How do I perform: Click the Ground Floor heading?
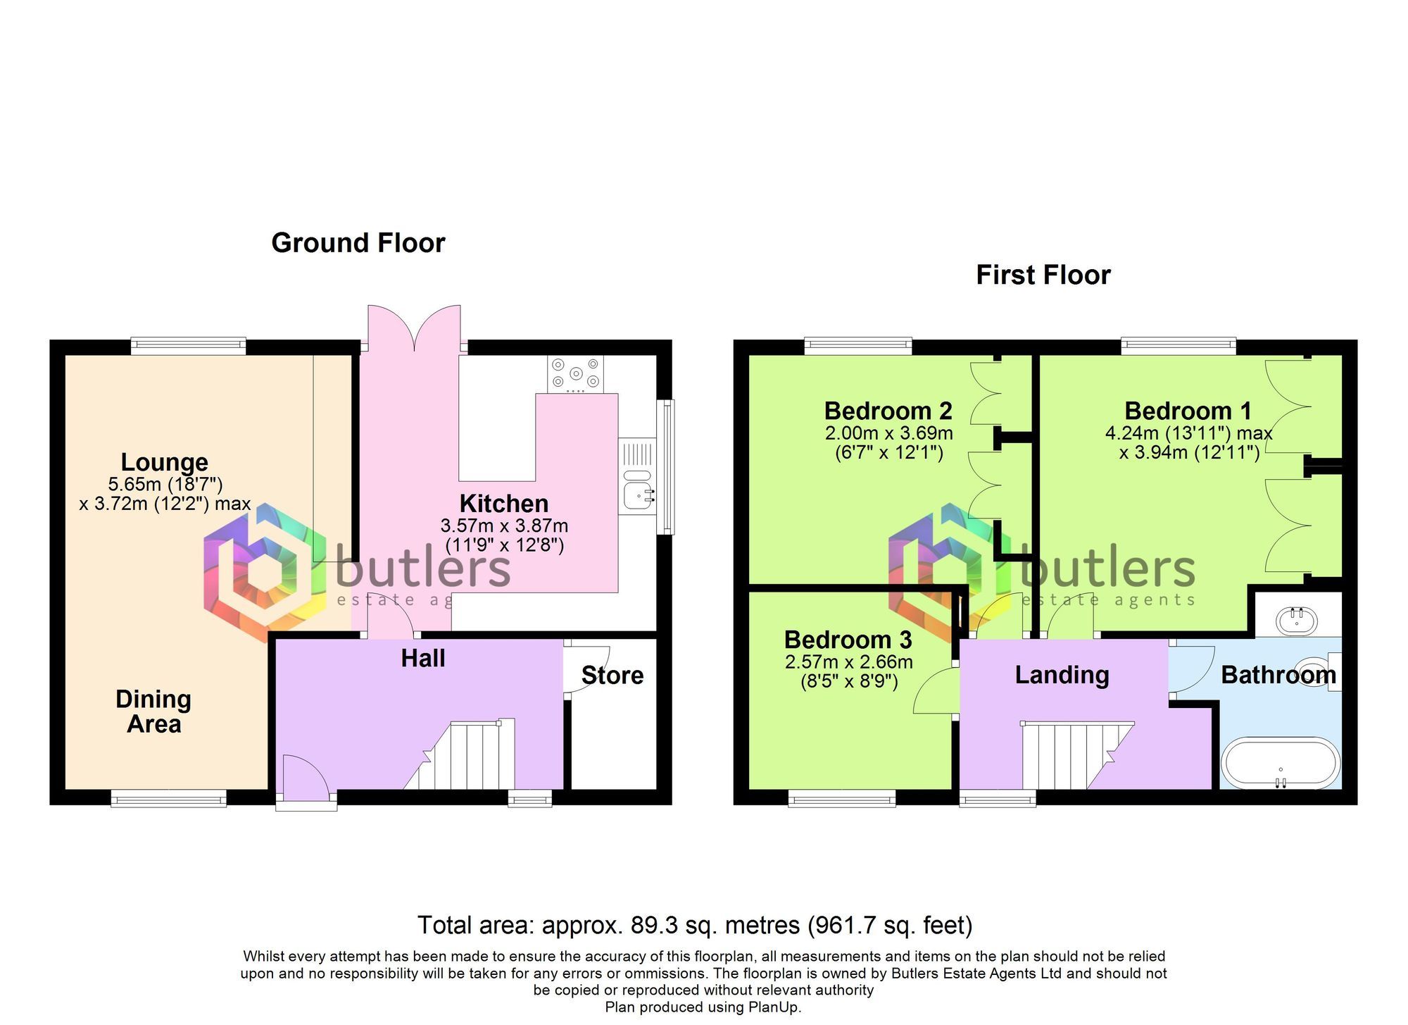pyautogui.click(x=358, y=243)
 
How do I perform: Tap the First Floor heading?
pyautogui.click(x=1043, y=275)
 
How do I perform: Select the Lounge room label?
pyautogui.click(x=164, y=462)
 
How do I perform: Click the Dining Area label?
pyautogui.click(x=153, y=712)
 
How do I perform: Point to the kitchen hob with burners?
pyautogui.click(x=575, y=374)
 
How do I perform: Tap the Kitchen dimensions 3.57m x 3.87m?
pyautogui.click(x=504, y=526)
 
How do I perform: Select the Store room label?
pyautogui.click(x=612, y=676)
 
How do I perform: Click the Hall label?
pyautogui.click(x=422, y=658)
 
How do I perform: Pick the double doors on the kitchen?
pyautogui.click(x=414, y=328)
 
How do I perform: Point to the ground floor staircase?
pyautogui.click(x=465, y=757)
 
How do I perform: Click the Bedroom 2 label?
pyautogui.click(x=888, y=411)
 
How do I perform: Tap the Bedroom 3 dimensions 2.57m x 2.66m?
pyautogui.click(x=848, y=662)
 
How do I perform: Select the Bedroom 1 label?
pyautogui.click(x=1188, y=411)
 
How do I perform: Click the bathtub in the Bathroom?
pyautogui.click(x=1280, y=764)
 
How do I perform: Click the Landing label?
pyautogui.click(x=1062, y=675)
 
